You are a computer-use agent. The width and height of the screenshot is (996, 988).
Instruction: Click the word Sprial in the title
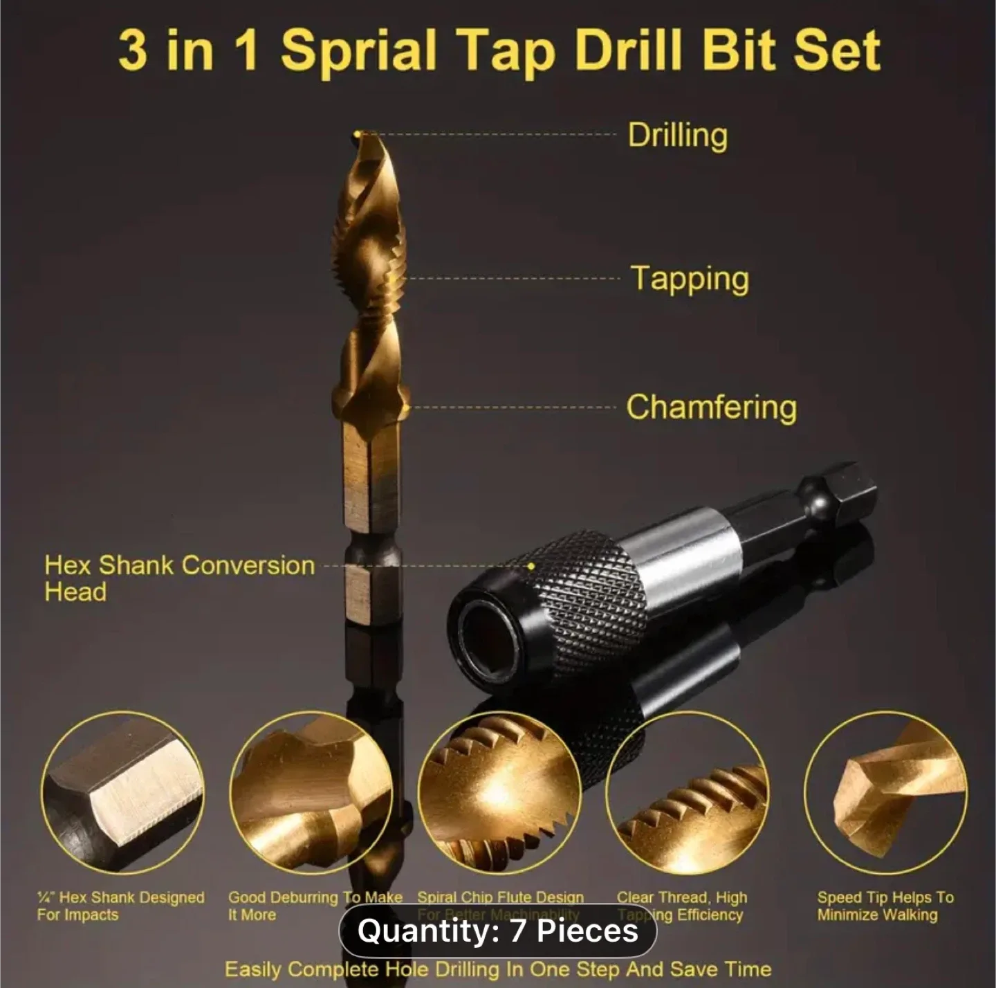coord(359,51)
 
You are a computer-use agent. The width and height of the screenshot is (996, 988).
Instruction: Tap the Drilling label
coord(677,135)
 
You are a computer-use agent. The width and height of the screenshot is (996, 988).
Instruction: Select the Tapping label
coord(690,279)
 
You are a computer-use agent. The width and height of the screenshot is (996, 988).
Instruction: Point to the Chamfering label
coord(711,407)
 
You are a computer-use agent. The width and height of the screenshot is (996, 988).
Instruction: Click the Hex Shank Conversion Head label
coord(179,578)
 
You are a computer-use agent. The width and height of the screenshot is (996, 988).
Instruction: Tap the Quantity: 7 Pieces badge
coord(497,931)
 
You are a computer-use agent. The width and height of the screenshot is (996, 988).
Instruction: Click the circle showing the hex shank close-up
coord(122,793)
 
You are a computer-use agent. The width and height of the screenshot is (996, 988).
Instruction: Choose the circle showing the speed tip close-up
coord(886,793)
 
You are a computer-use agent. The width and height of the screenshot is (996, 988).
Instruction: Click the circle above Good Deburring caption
coord(311,793)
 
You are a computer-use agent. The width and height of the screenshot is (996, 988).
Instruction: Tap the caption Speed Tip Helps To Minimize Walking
coord(885,906)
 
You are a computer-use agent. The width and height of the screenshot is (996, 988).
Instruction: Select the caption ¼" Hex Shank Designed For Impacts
coord(120,906)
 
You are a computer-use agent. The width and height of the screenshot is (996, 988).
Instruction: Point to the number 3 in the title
coord(132,51)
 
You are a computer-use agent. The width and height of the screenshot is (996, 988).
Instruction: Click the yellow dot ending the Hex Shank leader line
coord(531,566)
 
